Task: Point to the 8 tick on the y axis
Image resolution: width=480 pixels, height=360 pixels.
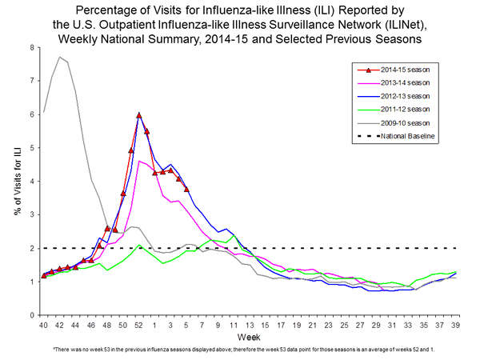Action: pyautogui.click(x=31, y=47)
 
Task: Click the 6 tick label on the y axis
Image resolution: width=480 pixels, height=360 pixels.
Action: pyautogui.click(x=31, y=114)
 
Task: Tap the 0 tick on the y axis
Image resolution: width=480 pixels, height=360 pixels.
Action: pyautogui.click(x=31, y=315)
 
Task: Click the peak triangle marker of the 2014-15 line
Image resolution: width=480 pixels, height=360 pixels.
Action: pyautogui.click(x=139, y=115)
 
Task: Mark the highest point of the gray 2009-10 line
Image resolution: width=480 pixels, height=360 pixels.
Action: pyautogui.click(x=60, y=57)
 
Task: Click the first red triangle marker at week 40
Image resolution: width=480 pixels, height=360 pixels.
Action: pyautogui.click(x=44, y=276)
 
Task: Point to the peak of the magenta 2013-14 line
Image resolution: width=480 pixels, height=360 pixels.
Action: pyautogui.click(x=140, y=161)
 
